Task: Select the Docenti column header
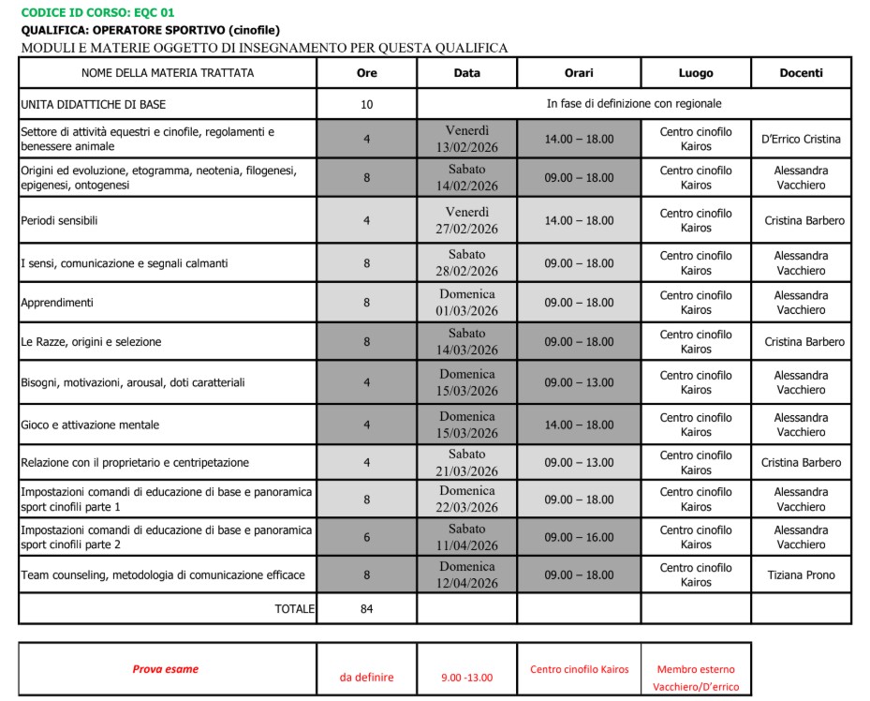[801, 73]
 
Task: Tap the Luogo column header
[696, 73]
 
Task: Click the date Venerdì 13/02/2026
[466, 139]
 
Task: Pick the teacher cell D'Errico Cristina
[801, 139]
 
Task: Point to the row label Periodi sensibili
[59, 220]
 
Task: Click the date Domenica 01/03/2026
[466, 303]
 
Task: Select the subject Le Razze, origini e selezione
[91, 342]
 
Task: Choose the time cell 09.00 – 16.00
[579, 537]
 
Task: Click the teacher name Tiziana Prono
[801, 574]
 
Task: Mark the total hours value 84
[367, 609]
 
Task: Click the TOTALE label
[294, 609]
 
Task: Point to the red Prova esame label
[165, 669]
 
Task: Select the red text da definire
[366, 677]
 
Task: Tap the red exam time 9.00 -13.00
[466, 677]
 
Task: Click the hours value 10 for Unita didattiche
[367, 104]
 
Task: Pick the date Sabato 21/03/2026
[466, 462]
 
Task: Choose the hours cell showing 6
[367, 537]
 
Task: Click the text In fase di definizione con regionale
[634, 104]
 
